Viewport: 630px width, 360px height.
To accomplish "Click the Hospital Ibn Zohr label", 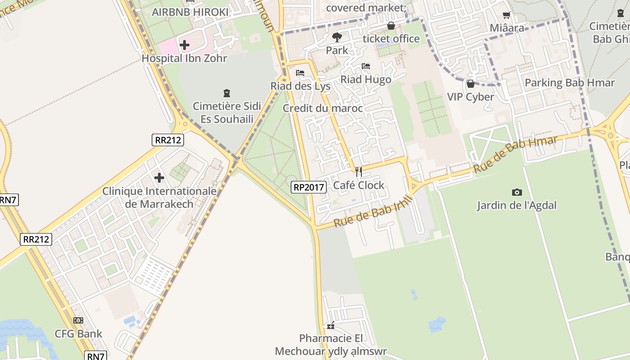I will [184, 58].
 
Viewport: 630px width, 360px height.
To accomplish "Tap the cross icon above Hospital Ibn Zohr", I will [184, 45].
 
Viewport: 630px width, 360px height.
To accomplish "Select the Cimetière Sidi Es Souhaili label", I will [227, 113].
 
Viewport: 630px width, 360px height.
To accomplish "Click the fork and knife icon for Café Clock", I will [359, 171].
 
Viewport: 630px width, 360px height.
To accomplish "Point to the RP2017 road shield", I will [309, 187].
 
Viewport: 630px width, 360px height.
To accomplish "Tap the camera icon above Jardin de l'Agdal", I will [517, 192].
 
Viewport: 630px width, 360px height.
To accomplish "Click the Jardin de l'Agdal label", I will [517, 206].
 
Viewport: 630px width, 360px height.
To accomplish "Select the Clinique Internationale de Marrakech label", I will [159, 198].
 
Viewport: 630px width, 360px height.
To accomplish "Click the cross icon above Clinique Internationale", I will [159, 178].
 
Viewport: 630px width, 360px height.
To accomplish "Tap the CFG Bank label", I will [78, 334].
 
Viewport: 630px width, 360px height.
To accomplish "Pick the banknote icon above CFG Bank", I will [78, 320].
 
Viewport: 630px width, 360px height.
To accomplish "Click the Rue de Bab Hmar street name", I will [515, 155].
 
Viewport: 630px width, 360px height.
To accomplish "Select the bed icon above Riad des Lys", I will [300, 72].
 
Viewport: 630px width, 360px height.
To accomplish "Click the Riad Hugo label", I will [366, 80].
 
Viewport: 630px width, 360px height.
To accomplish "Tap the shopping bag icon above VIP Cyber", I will [470, 84].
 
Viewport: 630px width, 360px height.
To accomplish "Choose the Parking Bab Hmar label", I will [570, 83].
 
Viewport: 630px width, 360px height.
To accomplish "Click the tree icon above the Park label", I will [337, 37].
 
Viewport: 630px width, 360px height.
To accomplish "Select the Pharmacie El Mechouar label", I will [331, 345].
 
